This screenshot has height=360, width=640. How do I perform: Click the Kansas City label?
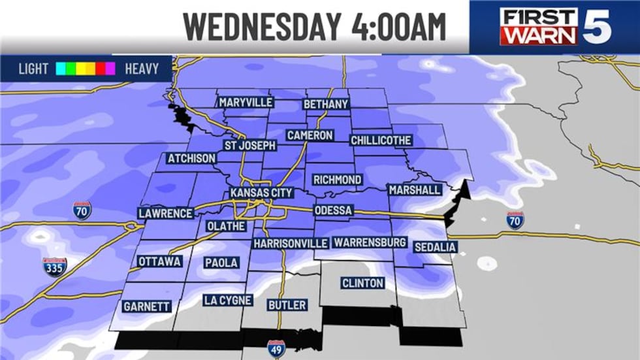[x=261, y=193]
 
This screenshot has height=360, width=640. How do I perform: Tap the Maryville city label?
[x=246, y=103]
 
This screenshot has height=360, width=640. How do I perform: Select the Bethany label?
[x=327, y=104]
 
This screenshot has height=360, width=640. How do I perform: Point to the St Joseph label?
[x=250, y=145]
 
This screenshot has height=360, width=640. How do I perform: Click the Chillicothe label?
[x=381, y=140]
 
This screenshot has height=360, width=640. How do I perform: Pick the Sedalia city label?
[x=435, y=247]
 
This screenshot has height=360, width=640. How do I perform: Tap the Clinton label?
[x=362, y=284]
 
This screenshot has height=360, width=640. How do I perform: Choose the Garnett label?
[x=146, y=306]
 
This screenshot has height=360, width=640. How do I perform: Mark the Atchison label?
[x=191, y=159]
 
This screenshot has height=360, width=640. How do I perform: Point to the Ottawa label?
[x=159, y=262]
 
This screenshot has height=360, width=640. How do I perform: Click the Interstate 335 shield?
[x=55, y=267]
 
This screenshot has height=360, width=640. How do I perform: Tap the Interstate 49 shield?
[x=276, y=348]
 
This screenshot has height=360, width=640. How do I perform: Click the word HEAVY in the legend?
[x=141, y=69]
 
